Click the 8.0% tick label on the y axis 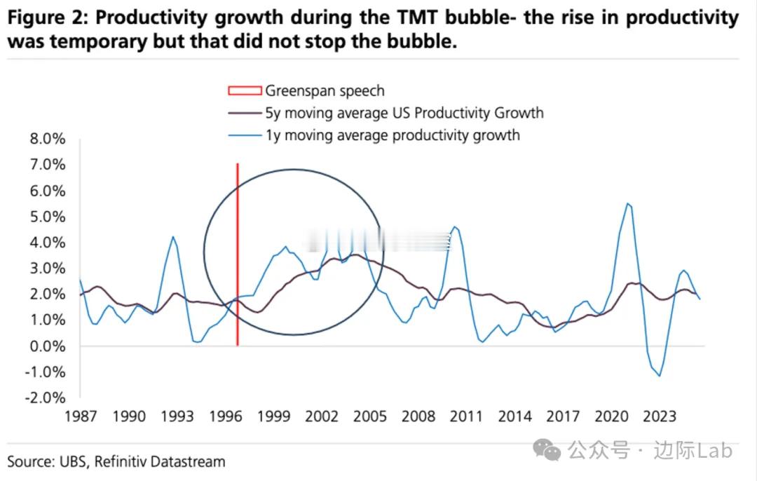[46, 139]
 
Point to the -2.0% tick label [45, 398]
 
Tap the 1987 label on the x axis [81, 416]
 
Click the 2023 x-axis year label [659, 416]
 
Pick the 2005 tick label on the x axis [370, 416]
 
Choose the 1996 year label [226, 416]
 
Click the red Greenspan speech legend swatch [245, 90]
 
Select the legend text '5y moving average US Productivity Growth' [404, 113]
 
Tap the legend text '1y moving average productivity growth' [393, 135]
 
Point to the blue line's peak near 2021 [627, 203]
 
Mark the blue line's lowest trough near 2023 [659, 376]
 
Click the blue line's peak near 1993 [172, 237]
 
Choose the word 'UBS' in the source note [71, 461]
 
